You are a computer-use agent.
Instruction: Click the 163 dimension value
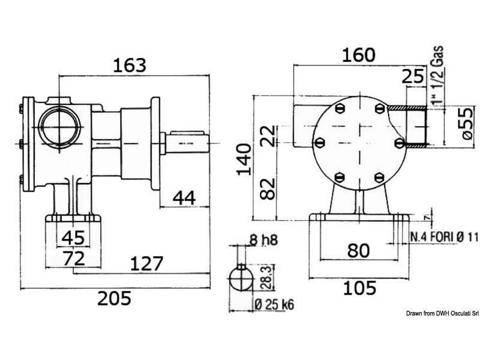(130, 65)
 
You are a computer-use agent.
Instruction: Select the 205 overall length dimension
(114, 298)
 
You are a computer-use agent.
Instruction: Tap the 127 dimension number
(146, 263)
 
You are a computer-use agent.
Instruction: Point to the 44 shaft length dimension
(184, 197)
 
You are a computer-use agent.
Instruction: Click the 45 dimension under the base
(73, 237)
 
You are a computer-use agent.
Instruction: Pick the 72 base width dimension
(73, 258)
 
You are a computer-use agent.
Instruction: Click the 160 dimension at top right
(358, 55)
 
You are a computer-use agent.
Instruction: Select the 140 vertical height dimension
(244, 160)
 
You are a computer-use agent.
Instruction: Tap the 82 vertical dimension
(268, 189)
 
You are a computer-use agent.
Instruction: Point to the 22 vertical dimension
(268, 136)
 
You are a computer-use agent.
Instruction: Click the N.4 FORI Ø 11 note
(444, 236)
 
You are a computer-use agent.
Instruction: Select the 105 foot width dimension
(359, 288)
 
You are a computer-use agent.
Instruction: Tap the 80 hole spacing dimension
(358, 250)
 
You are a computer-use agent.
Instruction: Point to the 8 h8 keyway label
(264, 239)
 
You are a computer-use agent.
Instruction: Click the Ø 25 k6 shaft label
(274, 305)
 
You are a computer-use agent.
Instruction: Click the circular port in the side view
(59, 126)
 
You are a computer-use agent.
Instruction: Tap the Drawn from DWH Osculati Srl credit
(442, 313)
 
